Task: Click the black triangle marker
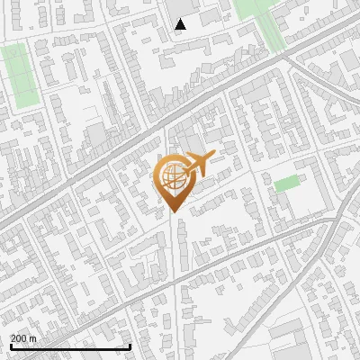(x=180, y=24)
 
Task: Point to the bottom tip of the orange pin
(x=172, y=213)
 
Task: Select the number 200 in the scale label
(x=20, y=338)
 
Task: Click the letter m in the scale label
(x=33, y=338)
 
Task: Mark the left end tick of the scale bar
(x=10, y=346)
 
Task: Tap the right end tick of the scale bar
(x=130, y=346)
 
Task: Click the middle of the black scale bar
(x=70, y=347)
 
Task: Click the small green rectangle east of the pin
(x=286, y=184)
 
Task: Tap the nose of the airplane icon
(x=214, y=157)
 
